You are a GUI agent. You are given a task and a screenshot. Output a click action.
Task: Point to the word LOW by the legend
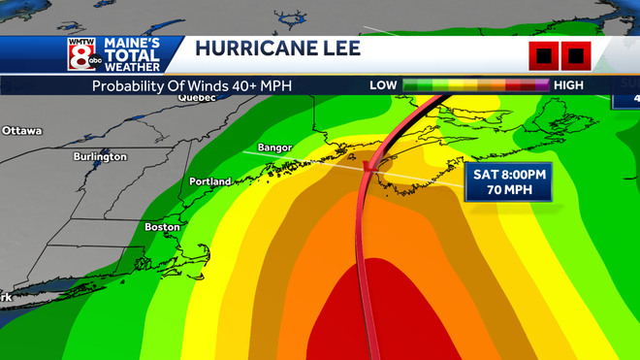383,85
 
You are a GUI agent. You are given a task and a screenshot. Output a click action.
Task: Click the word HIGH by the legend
569,85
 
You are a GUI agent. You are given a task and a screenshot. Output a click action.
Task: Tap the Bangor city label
273,148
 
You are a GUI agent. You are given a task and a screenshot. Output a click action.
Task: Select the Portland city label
209,181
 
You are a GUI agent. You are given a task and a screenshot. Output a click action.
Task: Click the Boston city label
162,227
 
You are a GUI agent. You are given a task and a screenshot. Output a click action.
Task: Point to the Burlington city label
100,156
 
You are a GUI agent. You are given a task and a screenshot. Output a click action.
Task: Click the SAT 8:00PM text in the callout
508,174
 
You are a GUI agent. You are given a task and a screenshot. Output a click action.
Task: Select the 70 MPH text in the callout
508,190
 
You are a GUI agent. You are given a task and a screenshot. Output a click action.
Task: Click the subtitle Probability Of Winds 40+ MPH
191,85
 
